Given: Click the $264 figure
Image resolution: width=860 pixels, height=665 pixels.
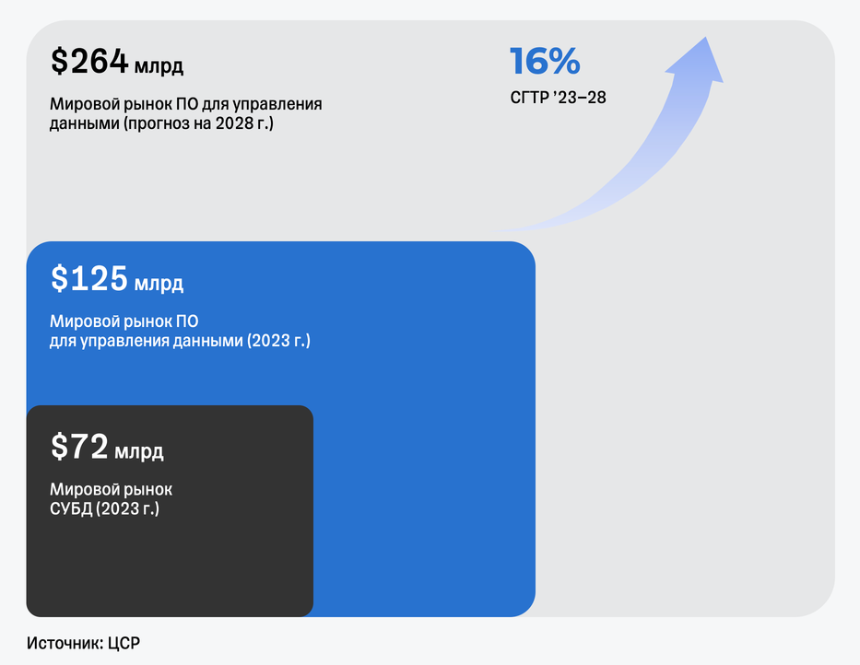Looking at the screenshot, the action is tap(89, 61).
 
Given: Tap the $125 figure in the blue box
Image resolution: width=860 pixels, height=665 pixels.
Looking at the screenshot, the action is tap(89, 278).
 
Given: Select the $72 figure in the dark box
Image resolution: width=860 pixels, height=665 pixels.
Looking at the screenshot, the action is tap(79, 447).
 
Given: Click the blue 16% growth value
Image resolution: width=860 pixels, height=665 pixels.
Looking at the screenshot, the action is tap(545, 61).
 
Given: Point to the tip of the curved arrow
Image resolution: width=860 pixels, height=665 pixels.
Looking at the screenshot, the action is tap(706, 37).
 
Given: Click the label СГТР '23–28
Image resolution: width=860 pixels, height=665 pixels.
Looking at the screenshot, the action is tap(558, 98).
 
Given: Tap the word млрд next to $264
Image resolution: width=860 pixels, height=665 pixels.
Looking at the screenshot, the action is tap(159, 66).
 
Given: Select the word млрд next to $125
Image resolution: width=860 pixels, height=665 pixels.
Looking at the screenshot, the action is tap(159, 284).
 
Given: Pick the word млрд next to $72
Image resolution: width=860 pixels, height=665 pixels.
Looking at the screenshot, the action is tap(139, 451).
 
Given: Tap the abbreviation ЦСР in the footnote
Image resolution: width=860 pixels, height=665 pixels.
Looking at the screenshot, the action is tap(124, 643).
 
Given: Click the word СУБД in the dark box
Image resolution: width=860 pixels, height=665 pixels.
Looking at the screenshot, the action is tap(71, 508).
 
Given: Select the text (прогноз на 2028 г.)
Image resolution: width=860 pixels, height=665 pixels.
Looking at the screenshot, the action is tap(198, 123).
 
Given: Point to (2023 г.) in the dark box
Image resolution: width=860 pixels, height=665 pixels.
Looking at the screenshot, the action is tap(128, 509).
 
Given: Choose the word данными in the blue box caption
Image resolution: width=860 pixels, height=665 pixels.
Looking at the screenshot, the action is tap(208, 341).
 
